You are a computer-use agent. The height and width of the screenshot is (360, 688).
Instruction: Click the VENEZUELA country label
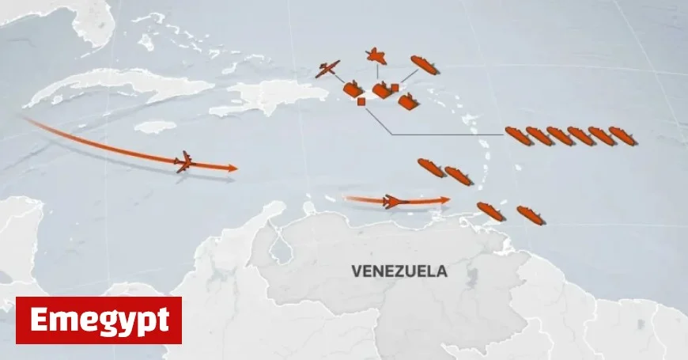click(399, 271)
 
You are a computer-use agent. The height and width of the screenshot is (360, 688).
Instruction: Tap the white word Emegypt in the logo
click(99, 320)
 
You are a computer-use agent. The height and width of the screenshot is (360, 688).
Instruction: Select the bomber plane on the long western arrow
click(184, 162)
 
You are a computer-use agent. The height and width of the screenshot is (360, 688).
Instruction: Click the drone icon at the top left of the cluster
click(327, 70)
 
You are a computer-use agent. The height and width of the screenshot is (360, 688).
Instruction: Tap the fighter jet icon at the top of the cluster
click(376, 57)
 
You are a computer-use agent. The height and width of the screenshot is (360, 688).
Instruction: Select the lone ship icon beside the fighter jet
click(424, 65)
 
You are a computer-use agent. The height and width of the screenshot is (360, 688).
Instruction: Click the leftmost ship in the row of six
click(517, 135)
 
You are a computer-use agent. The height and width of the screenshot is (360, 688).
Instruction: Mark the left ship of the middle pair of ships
click(431, 167)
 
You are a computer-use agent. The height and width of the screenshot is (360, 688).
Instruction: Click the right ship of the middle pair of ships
click(458, 175)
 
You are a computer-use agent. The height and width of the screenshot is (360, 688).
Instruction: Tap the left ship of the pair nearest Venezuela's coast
click(490, 211)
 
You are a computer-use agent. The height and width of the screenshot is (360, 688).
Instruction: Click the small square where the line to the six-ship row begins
click(361, 101)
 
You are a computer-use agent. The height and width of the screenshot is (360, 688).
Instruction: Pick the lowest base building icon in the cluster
click(408, 101)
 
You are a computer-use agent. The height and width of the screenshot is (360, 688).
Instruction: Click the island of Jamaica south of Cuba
click(155, 126)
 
